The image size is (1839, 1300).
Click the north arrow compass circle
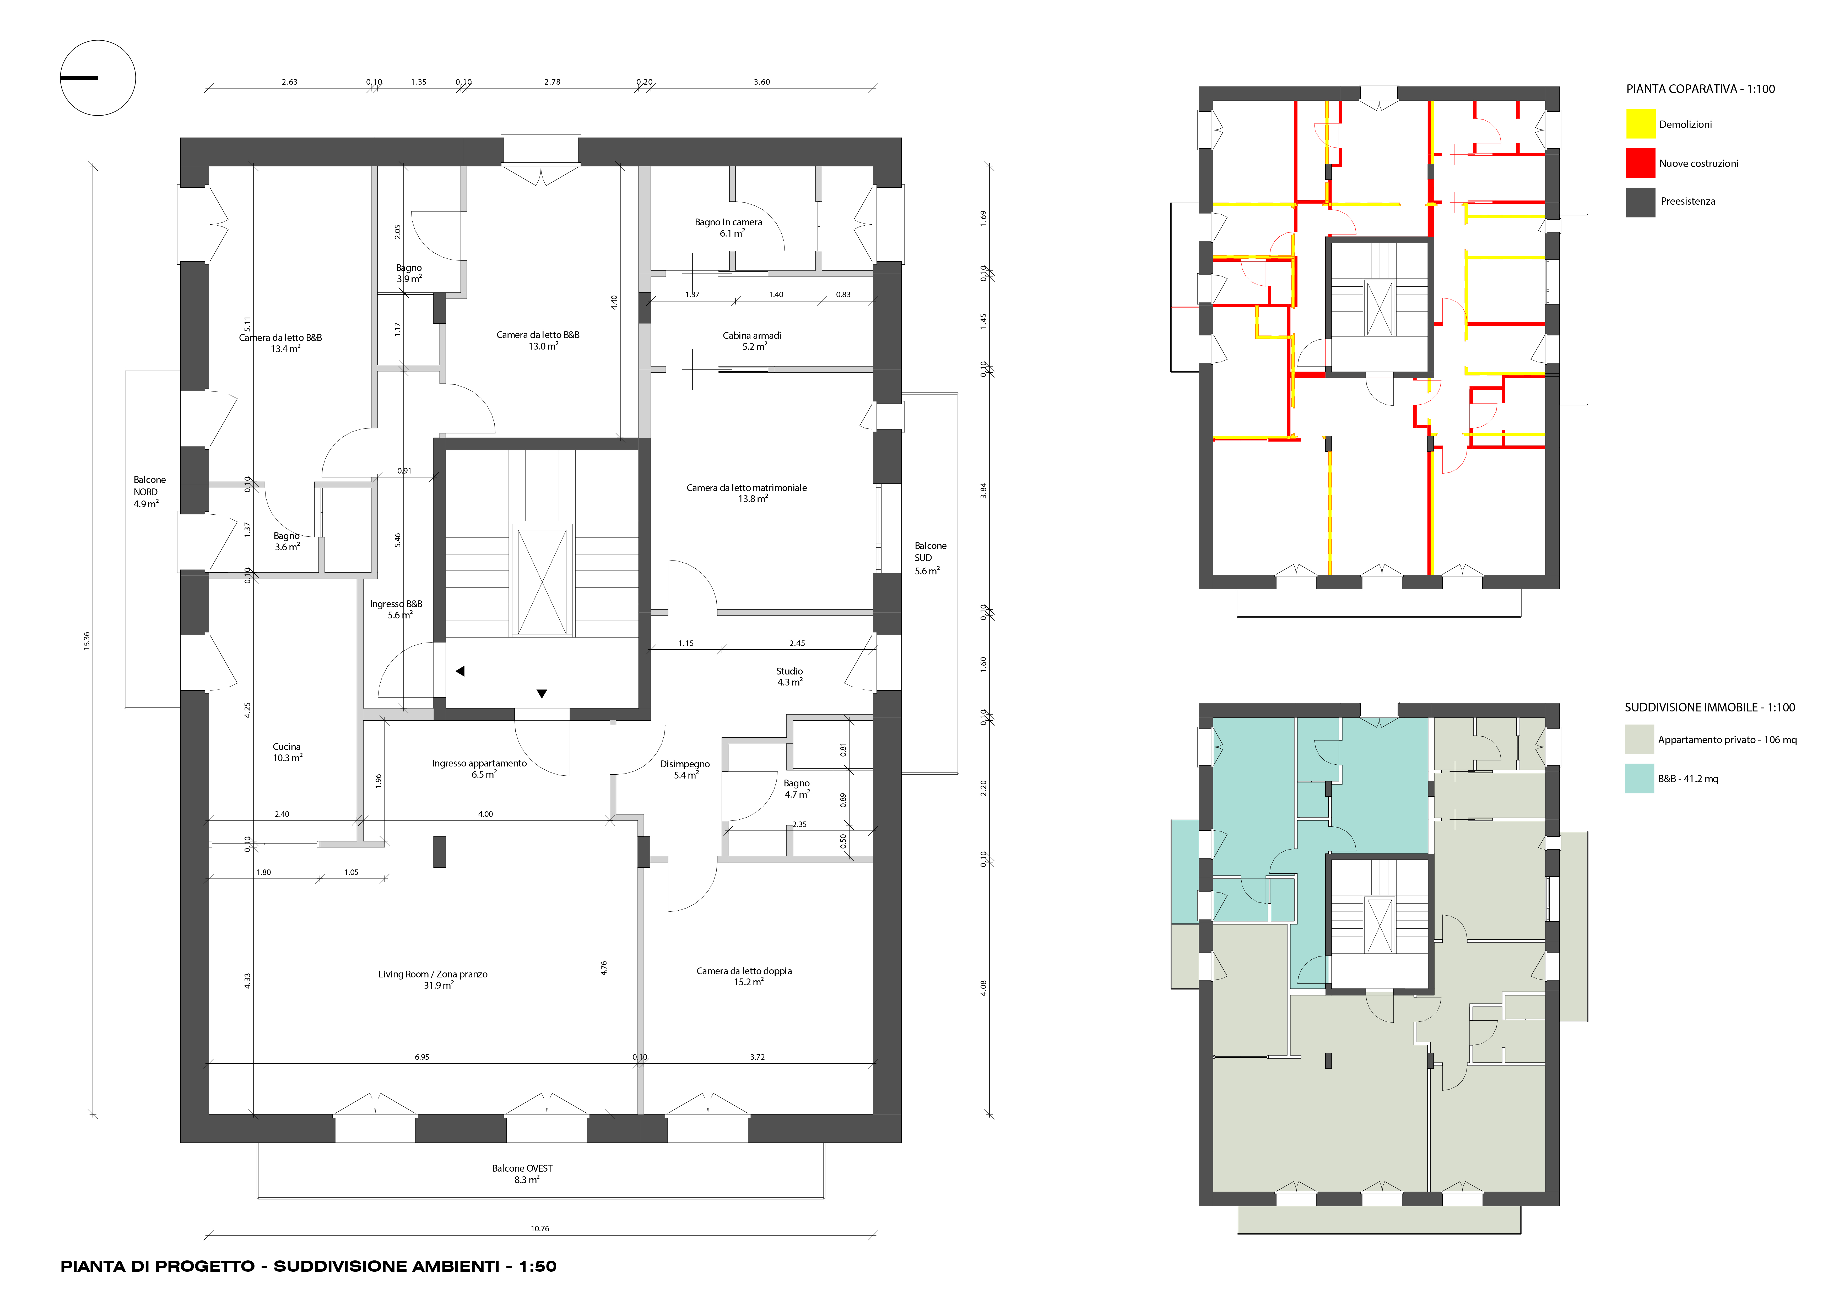click(98, 41)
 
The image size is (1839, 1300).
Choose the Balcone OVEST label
click(522, 1173)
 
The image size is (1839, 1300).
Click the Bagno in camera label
click(728, 227)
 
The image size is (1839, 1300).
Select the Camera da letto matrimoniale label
click(747, 493)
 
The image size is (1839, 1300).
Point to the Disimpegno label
click(685, 769)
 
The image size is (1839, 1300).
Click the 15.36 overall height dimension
click(86, 641)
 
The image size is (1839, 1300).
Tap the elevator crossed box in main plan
click(542, 581)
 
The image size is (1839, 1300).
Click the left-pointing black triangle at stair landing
click(460, 671)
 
